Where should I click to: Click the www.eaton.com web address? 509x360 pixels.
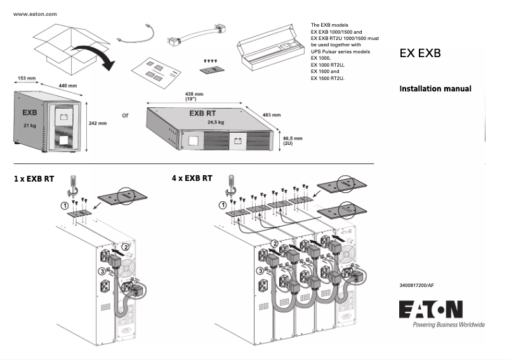[x=35, y=13]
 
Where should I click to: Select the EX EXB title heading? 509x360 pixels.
[x=420, y=54]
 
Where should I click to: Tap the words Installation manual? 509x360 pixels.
[x=435, y=89]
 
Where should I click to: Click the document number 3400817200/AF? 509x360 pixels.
[x=417, y=286]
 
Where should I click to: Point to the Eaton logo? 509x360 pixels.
[x=431, y=309]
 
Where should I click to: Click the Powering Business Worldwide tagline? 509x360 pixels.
[x=448, y=325]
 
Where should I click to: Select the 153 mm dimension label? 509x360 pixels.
[x=26, y=78]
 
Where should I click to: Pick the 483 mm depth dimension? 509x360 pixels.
[x=271, y=115]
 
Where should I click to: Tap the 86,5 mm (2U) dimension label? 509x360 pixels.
[x=292, y=140]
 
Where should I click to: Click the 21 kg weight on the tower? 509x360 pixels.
[x=30, y=126]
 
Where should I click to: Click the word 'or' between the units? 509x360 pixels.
[x=125, y=116]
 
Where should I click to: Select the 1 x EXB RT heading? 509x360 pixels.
[x=35, y=179]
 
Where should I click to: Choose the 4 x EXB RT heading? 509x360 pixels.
[x=192, y=179]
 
